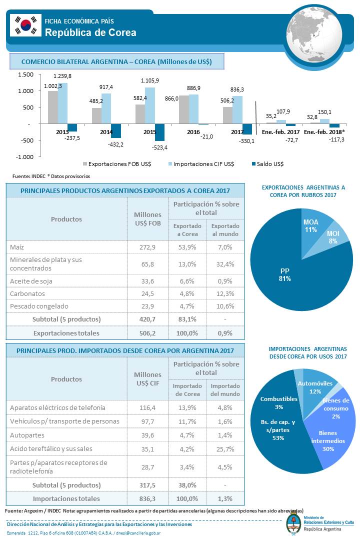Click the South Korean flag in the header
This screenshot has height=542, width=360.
click(25, 25)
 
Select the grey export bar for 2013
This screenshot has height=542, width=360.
click(53, 107)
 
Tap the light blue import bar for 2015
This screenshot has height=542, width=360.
click(149, 105)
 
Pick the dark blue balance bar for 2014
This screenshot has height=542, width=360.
click(116, 130)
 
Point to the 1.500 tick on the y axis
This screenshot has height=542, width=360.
click(26, 74)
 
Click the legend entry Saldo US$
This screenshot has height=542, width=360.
click(267, 164)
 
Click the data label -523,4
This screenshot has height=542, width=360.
click(159, 147)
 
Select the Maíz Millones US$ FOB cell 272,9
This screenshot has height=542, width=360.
click(147, 247)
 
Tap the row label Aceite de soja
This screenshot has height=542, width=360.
click(31, 281)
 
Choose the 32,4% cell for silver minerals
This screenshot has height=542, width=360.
click(225, 264)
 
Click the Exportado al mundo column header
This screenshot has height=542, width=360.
click(225, 230)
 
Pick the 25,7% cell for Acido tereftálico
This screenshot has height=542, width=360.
click(225, 449)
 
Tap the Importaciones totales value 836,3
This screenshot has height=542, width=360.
click(147, 499)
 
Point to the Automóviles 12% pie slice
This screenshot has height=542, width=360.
click(314, 387)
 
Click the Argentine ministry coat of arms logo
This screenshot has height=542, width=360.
click(294, 523)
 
